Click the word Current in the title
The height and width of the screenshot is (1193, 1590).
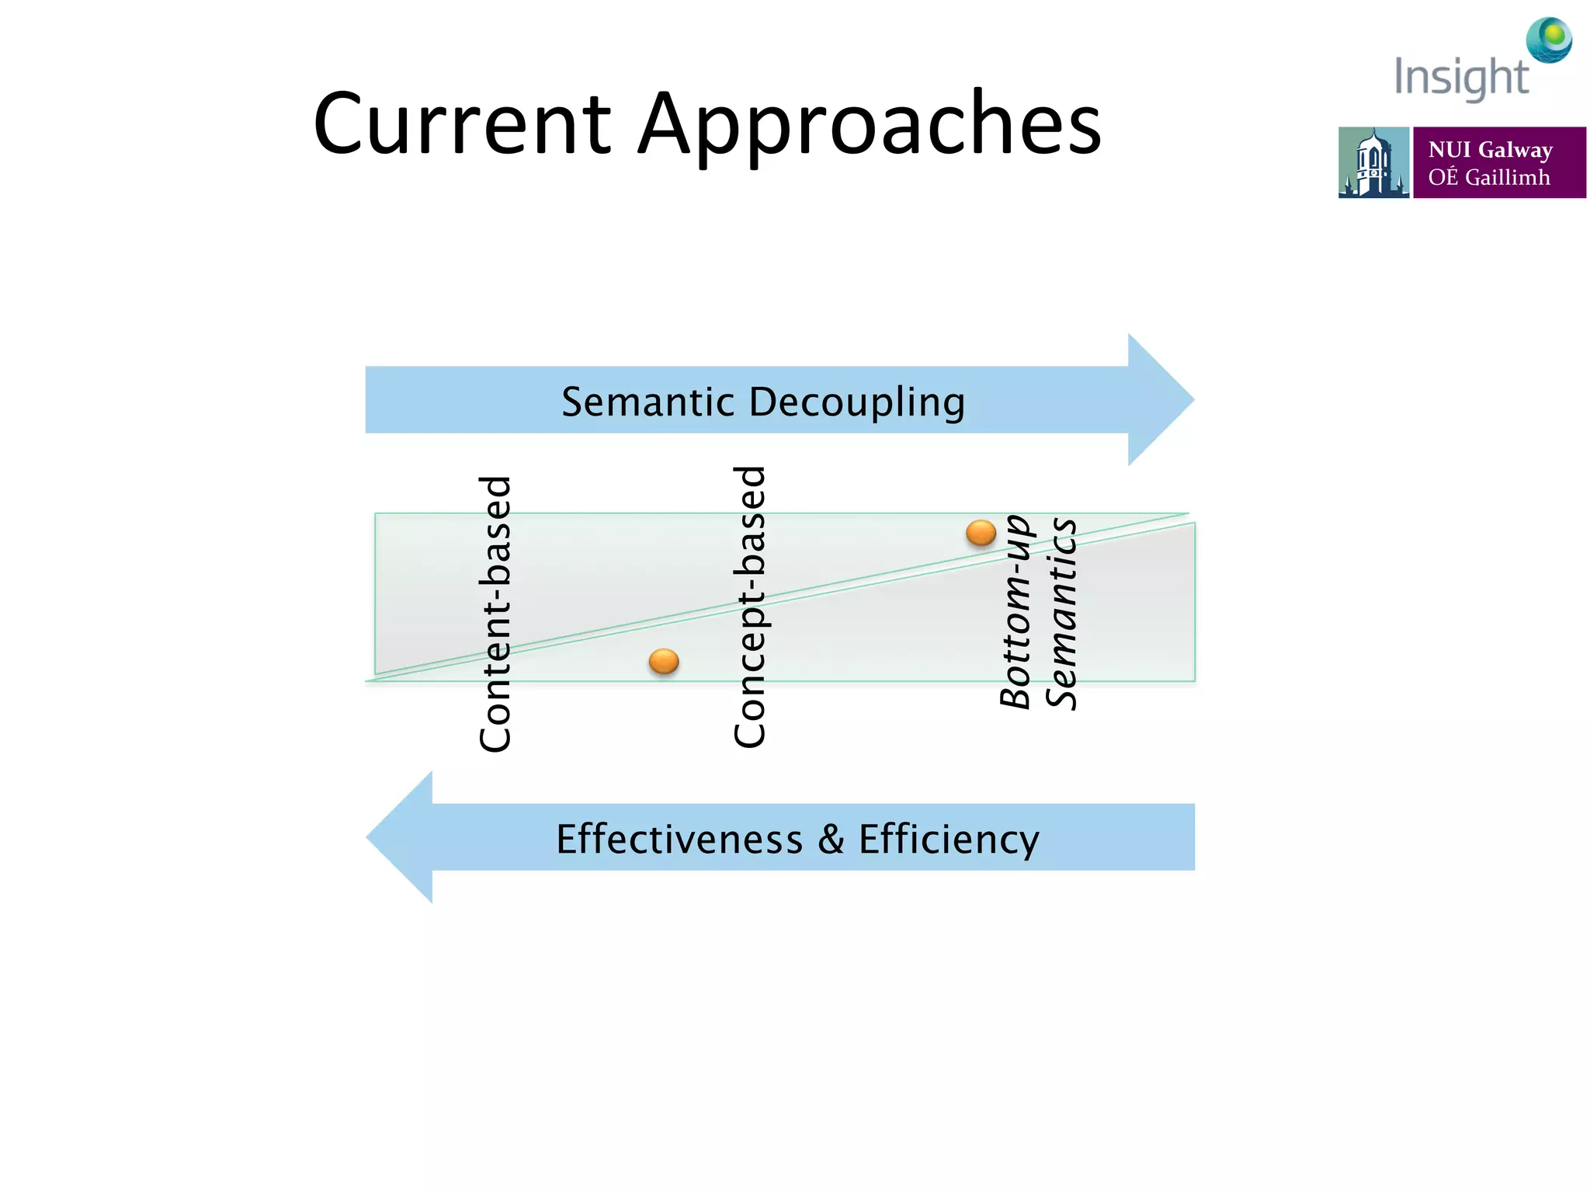click(x=463, y=124)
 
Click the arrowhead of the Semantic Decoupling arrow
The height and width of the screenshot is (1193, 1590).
click(x=1160, y=400)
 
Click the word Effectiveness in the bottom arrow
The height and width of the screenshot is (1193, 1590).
click(x=679, y=840)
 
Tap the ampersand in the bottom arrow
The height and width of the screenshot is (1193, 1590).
click(x=830, y=840)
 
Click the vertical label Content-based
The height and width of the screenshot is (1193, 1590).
click(x=495, y=614)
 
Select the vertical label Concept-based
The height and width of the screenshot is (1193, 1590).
click(x=750, y=607)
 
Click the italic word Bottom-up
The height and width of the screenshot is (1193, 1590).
click(x=1015, y=611)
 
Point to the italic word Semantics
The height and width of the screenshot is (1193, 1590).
click(x=1061, y=614)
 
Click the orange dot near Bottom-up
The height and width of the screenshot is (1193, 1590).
click(x=981, y=533)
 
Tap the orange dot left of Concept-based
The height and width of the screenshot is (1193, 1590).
click(x=664, y=662)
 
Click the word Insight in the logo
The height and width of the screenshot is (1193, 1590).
click(x=1461, y=78)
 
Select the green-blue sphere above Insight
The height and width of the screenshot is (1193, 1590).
click(x=1549, y=40)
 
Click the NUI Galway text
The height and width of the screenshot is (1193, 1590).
click(x=1490, y=149)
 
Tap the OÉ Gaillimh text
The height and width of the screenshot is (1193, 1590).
click(x=1488, y=178)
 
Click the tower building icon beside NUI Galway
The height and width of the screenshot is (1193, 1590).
click(x=1373, y=163)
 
